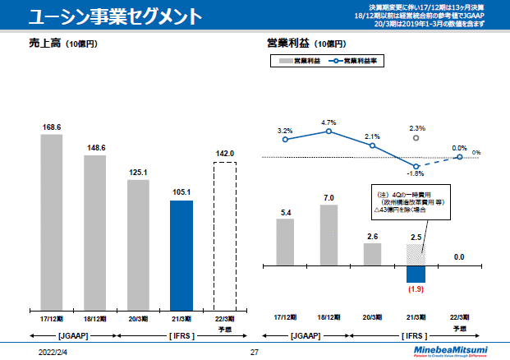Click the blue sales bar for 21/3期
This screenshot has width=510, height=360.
[x=181, y=253]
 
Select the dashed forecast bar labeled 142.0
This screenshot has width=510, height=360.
[x=225, y=234]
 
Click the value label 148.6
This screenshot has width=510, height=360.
[x=94, y=148]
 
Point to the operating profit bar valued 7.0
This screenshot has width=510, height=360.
[x=329, y=235]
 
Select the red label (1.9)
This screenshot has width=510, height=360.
[x=416, y=289]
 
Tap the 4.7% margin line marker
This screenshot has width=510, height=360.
[x=329, y=132]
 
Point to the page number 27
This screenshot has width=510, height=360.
[x=254, y=351]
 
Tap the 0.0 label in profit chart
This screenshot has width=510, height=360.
[x=459, y=257]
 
